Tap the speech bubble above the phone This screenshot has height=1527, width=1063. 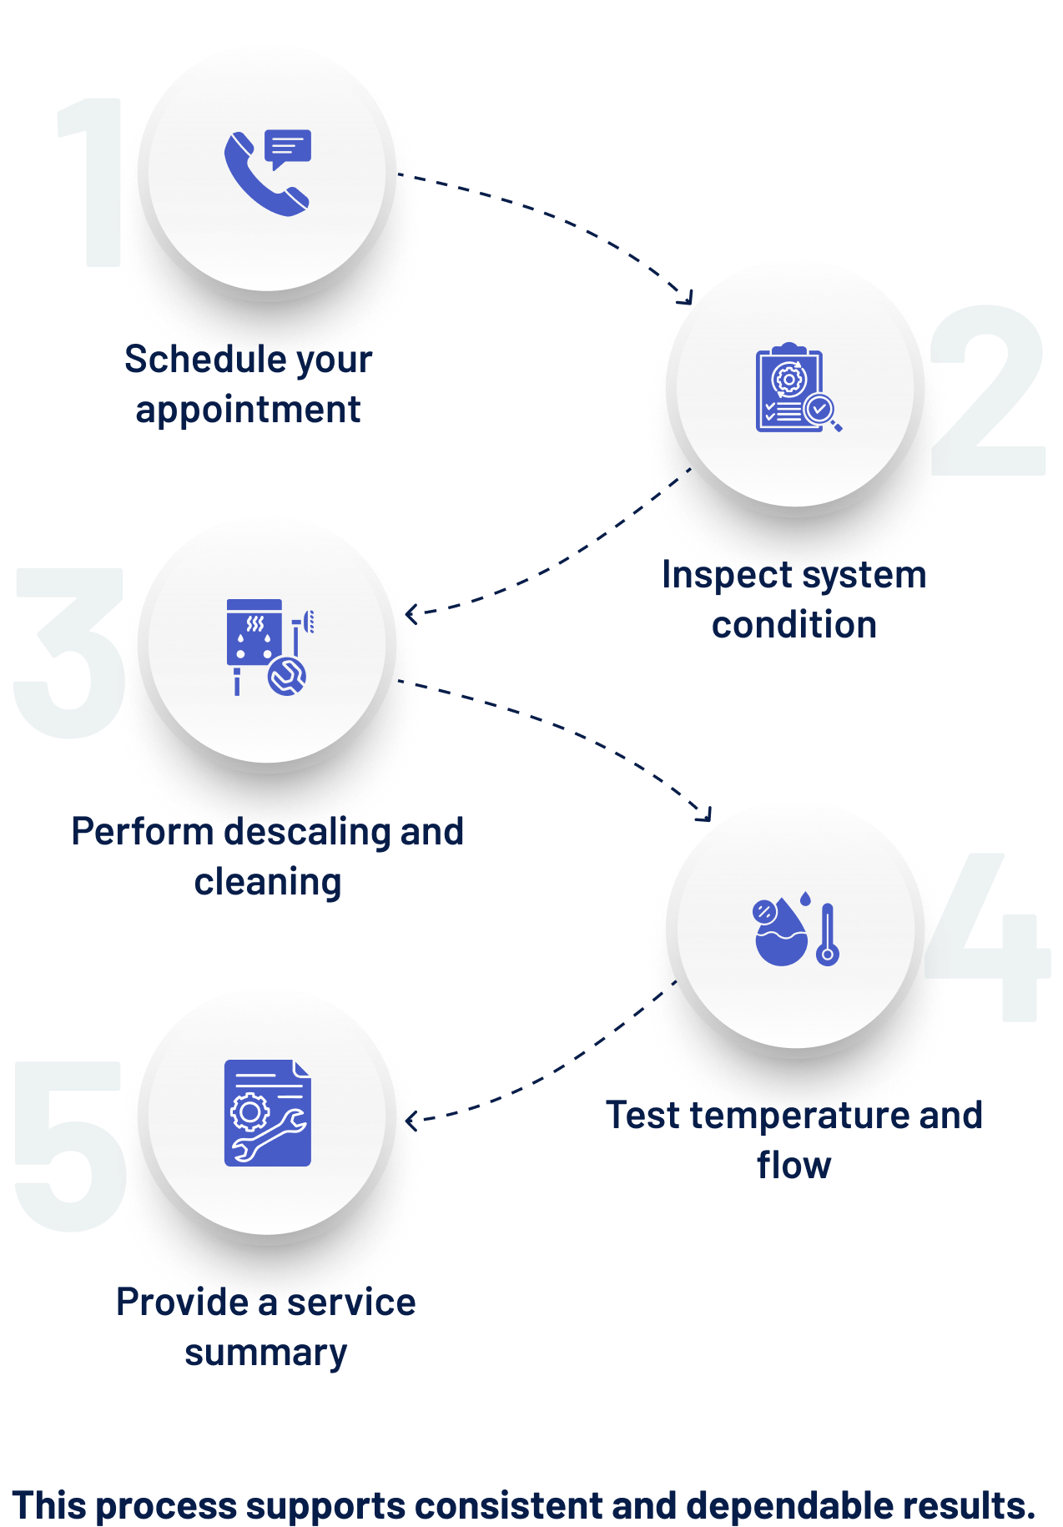[x=288, y=149]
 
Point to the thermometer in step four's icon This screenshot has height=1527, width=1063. [x=827, y=935]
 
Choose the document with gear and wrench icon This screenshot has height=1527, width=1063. [x=267, y=1113]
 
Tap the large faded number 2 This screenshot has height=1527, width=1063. [x=988, y=390]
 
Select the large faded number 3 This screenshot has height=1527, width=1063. [x=70, y=653]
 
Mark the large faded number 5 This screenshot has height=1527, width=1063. [x=70, y=1146]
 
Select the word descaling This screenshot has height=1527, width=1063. [x=307, y=833]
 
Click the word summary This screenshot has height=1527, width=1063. [x=265, y=1353]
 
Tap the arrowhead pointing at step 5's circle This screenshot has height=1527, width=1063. [x=411, y=1121]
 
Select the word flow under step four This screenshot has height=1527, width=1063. [x=794, y=1165]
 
